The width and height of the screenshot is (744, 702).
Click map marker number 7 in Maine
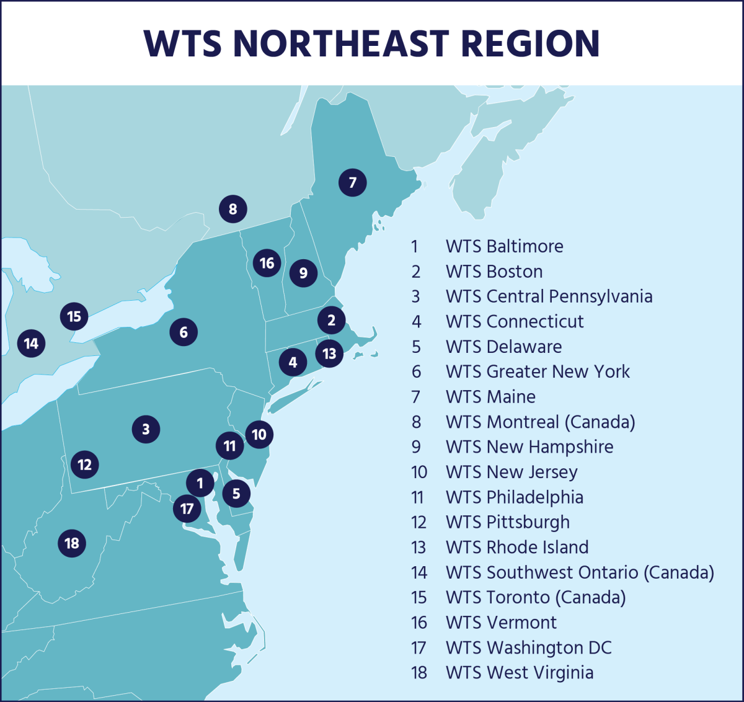pos(353,182)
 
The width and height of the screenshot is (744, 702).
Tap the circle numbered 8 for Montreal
pos(233,209)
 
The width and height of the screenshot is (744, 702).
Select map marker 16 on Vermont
pos(267,263)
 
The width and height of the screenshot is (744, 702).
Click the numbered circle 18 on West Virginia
pos(72,543)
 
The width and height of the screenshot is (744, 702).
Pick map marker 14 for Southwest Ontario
pos(32,343)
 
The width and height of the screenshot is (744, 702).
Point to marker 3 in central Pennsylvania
pos(146,429)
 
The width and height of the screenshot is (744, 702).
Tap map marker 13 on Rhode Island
pos(329,353)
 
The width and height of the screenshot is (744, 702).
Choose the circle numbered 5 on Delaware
pos(236,494)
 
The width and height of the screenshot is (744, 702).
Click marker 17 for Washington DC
pos(187,509)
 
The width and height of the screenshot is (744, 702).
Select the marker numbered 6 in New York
pos(184,332)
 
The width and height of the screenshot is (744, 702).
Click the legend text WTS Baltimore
pos(504,246)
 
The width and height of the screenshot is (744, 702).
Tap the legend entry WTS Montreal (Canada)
pos(540,422)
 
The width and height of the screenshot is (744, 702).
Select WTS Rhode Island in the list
pos(517,548)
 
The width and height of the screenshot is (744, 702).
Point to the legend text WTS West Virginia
pos(520,673)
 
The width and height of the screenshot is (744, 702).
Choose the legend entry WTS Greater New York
pos(538,372)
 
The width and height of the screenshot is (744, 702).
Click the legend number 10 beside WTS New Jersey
pos(419,473)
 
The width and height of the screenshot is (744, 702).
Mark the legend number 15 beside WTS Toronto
pos(419,598)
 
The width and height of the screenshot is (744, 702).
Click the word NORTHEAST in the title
pos(341,43)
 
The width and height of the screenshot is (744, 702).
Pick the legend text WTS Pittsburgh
pos(507,522)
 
